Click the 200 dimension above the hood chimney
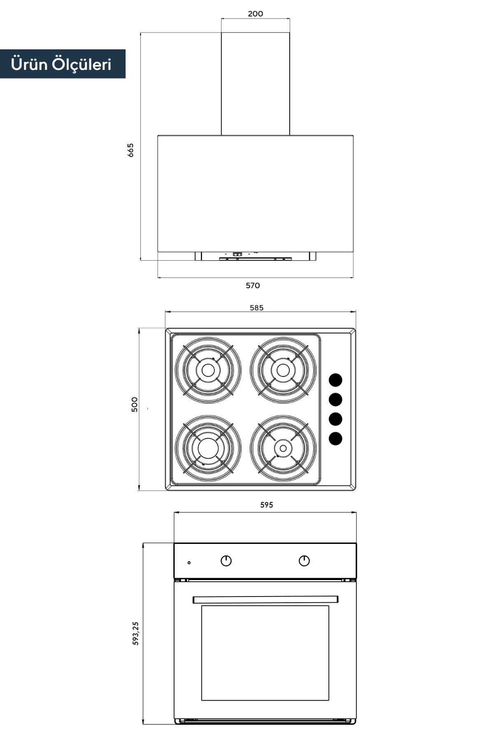coord(255,14)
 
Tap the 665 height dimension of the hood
coord(130,150)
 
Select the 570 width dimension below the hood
coord(253,285)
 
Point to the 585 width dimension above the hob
coord(256,308)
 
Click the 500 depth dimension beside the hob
coord(135,405)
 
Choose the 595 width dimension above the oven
coord(266,505)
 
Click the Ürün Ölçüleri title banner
coord(62,64)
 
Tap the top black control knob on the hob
coord(336,380)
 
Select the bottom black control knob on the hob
coord(336,439)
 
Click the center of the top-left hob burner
coord(208,370)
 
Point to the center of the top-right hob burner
coord(283,370)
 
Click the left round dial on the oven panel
coord(226,560)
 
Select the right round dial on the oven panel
coord(304,560)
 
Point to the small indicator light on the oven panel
coord(189,562)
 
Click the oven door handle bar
coord(266,599)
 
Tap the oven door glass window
coord(265,653)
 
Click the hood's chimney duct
coord(256,83)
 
